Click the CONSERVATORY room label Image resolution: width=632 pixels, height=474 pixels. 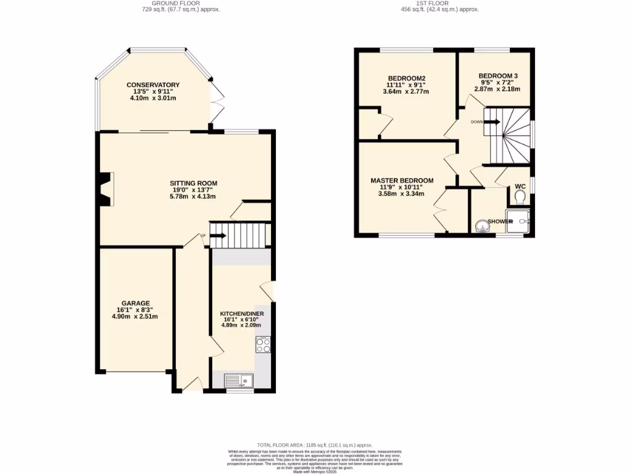click(153, 85)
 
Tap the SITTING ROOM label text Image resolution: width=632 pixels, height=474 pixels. click(194, 183)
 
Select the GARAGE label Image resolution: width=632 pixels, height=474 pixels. click(135, 303)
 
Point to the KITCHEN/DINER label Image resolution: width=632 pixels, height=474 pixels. click(242, 314)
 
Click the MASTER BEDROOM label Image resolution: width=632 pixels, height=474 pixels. click(402, 181)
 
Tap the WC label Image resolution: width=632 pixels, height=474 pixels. click(520, 186)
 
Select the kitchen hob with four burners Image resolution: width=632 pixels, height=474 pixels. click(263, 345)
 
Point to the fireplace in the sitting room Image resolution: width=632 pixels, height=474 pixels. click(106, 189)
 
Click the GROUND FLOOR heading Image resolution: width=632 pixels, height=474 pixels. click(178, 3)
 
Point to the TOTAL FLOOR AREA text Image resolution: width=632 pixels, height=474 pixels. click(315, 444)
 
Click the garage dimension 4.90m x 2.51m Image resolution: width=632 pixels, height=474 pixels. click(135, 317)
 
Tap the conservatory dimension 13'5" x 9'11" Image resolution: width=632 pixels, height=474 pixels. click(153, 91)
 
